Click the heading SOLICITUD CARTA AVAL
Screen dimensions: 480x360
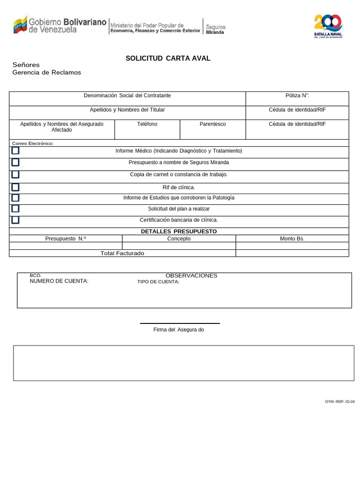pos(168,59)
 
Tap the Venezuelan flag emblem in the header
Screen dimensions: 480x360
pos(20,24)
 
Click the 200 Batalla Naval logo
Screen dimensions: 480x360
pos(328,26)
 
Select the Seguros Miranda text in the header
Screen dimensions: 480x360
pos(216,30)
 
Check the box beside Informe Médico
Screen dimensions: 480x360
pos(15,151)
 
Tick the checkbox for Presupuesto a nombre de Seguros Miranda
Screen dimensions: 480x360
pos(15,163)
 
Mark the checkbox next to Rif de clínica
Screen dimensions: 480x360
pos(15,187)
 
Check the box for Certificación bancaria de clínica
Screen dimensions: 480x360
pos(15,220)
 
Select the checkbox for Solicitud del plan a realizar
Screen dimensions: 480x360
pos(15,209)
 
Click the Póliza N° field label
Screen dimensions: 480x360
pos(297,96)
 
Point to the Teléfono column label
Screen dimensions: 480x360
pos(147,124)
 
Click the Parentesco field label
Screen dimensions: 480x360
pos(212,124)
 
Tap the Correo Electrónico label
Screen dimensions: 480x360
pos(33,143)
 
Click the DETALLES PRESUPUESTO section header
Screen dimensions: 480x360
pos(179,232)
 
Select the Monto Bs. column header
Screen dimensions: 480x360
pos(292,239)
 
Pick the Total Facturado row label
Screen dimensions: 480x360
pos(122,253)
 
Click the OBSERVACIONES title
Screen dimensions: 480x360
pos(191,276)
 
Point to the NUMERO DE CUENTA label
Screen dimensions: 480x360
pos(59,281)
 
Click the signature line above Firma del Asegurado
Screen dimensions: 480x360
pos(180,323)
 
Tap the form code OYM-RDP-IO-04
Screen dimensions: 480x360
pos(340,402)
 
